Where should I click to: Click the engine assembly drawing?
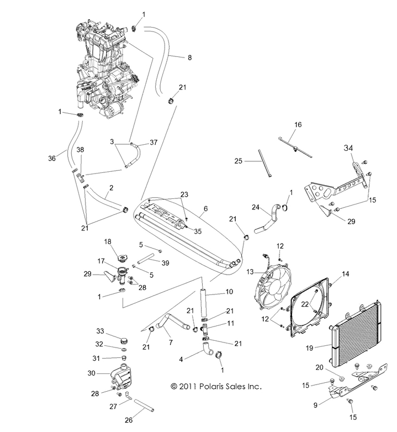(x=102, y=66)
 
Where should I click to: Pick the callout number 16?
(x=298, y=125)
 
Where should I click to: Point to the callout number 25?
(x=238, y=161)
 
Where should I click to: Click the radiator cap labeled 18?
(x=121, y=258)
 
